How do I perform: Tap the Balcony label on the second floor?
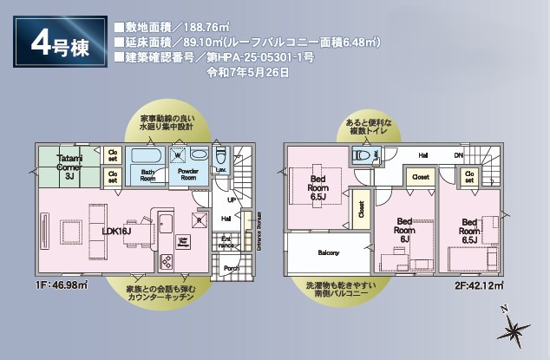[328, 253]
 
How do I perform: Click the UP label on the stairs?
[231, 199]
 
